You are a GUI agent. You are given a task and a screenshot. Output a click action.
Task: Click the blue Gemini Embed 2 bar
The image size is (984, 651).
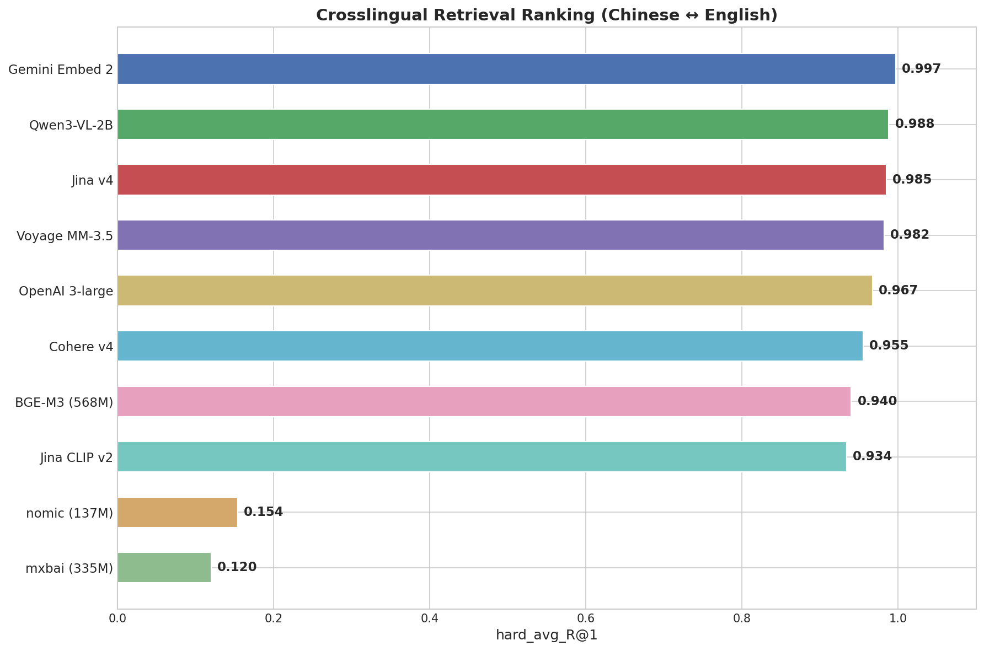(506, 69)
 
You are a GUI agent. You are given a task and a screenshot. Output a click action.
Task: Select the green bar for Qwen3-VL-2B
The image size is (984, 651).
(502, 124)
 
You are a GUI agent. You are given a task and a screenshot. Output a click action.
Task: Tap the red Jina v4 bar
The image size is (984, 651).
(501, 180)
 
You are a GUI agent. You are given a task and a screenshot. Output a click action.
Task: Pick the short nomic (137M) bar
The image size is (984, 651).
(177, 512)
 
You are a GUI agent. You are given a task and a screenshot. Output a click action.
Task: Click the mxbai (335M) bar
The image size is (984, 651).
(164, 567)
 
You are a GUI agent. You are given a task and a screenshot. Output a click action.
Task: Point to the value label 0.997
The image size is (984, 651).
(921, 69)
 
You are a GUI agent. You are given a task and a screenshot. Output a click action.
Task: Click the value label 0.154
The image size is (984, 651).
(263, 512)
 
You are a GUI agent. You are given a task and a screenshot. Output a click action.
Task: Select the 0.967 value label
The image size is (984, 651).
(897, 290)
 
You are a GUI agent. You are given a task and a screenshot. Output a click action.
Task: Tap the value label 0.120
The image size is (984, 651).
(237, 567)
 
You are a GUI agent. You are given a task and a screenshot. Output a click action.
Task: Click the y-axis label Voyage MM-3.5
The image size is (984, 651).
(65, 236)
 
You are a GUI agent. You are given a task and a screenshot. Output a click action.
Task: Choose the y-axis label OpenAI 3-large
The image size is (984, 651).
(66, 291)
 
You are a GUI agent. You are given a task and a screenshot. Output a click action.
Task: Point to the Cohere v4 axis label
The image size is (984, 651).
(81, 347)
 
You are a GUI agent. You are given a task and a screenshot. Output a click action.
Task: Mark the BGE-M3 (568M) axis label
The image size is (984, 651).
(64, 402)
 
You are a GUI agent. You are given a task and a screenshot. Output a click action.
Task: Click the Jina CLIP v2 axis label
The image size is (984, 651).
(77, 458)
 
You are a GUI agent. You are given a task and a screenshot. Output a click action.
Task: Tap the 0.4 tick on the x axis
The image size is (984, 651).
(429, 618)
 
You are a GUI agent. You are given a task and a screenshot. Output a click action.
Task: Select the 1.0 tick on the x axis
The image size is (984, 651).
(897, 618)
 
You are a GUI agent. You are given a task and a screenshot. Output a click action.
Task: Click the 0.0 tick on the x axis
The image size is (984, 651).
(117, 618)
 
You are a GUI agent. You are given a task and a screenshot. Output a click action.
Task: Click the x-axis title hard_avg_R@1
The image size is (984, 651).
(546, 636)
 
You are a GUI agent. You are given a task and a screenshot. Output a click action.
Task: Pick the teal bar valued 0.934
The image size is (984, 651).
(482, 456)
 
